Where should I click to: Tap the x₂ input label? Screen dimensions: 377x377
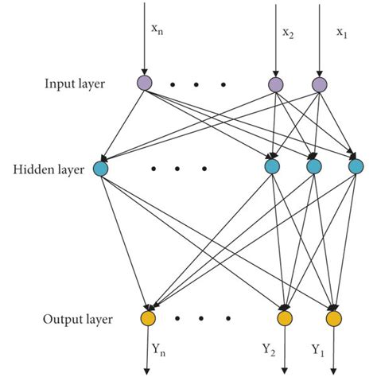[288, 32]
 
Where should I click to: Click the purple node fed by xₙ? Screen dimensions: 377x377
[144, 84]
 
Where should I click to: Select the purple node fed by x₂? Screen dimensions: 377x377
[275, 84]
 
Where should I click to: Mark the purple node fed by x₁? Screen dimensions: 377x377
[320, 84]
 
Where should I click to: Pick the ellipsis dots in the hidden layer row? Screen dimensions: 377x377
[179, 168]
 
